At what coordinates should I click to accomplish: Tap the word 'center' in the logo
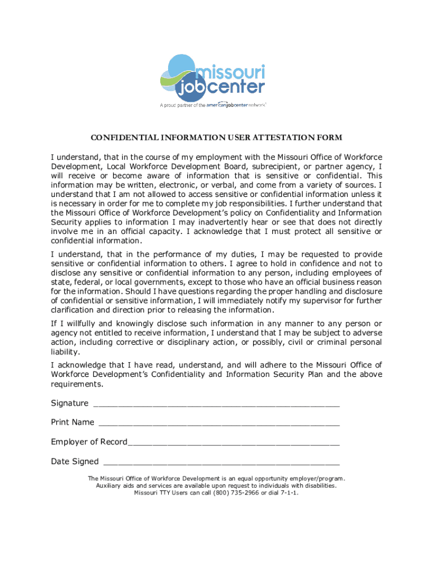[x=236, y=87]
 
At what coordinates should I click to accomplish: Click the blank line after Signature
[x=216, y=403]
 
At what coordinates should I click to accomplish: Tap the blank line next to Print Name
[x=218, y=422]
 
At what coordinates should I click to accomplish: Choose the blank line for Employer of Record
[x=233, y=442]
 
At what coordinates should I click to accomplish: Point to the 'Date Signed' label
[x=75, y=462]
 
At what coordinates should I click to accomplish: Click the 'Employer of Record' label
[x=89, y=442]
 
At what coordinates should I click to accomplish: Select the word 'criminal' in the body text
[x=328, y=341]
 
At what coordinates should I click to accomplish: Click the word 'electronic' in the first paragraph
[x=173, y=184]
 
